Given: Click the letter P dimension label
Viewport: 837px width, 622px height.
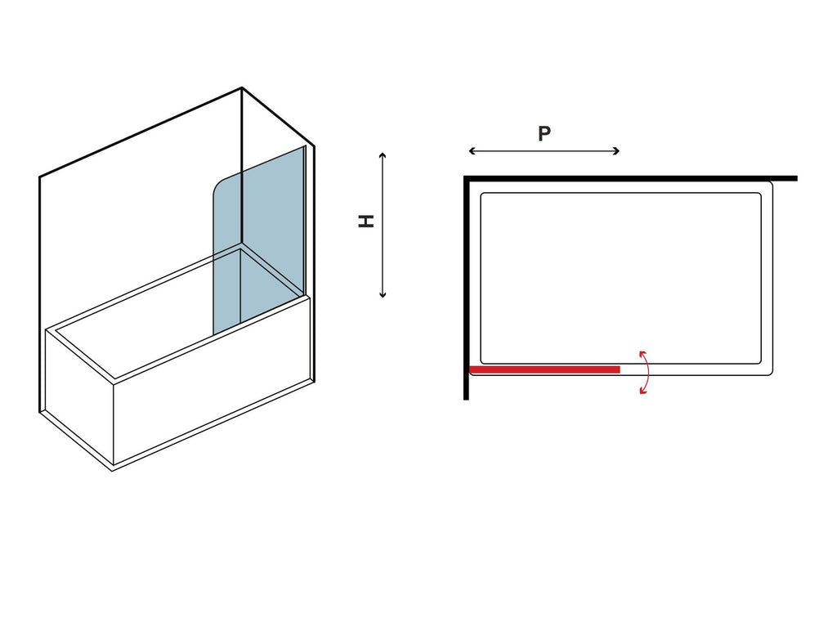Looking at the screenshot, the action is pyautogui.click(x=544, y=133).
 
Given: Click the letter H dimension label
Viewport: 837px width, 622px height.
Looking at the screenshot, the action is pyautogui.click(x=366, y=221).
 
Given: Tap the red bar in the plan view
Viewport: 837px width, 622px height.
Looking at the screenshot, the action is pyautogui.click(x=544, y=369).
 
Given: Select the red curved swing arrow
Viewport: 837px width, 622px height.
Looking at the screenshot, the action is pyautogui.click(x=647, y=372).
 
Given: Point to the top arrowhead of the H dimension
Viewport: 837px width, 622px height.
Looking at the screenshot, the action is pyautogui.click(x=383, y=154).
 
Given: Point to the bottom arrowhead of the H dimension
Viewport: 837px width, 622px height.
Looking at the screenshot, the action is pyautogui.click(x=383, y=295).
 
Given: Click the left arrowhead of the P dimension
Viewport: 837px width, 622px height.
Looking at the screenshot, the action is pyautogui.click(x=472, y=151).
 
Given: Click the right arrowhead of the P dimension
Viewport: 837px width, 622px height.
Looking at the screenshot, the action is pyautogui.click(x=616, y=151).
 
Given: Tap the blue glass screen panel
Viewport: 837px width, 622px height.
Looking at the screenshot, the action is pyautogui.click(x=259, y=240).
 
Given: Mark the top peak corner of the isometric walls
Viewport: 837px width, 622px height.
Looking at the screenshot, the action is pyautogui.click(x=242, y=88).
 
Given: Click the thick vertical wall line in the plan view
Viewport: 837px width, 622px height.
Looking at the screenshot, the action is pyautogui.click(x=466, y=288).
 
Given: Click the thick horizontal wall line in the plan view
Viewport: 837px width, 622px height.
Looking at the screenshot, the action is pyautogui.click(x=630, y=178).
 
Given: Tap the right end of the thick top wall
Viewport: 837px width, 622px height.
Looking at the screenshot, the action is pyautogui.click(x=796, y=178).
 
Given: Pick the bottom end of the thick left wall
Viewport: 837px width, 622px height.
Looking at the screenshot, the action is pyautogui.click(x=466, y=398).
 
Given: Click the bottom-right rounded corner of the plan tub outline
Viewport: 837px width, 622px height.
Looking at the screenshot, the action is pyautogui.click(x=769, y=372).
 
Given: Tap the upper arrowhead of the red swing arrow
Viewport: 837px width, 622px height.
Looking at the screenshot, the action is pyautogui.click(x=642, y=353).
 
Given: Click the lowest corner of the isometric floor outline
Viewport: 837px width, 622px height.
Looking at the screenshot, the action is pyautogui.click(x=112, y=470).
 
